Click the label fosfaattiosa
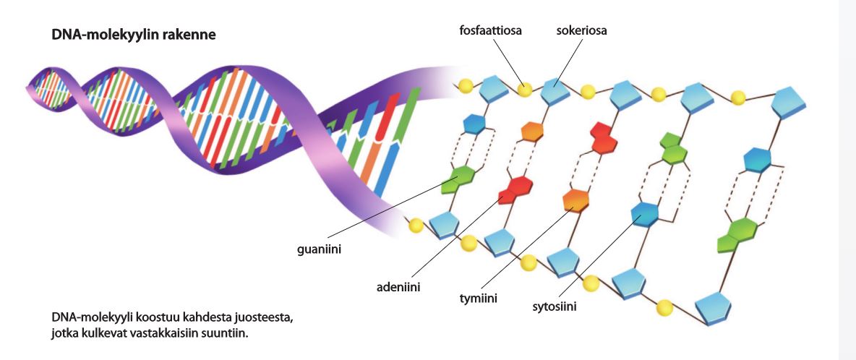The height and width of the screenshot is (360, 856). tap(490, 31)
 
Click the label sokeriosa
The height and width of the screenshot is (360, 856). tap(582, 31)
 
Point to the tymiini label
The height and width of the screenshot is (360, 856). tap(479, 298)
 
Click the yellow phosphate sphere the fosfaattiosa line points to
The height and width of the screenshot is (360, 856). tap(524, 90)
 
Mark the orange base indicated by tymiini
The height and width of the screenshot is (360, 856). tap(576, 199)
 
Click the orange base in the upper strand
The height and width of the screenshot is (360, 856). tap(532, 131)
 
